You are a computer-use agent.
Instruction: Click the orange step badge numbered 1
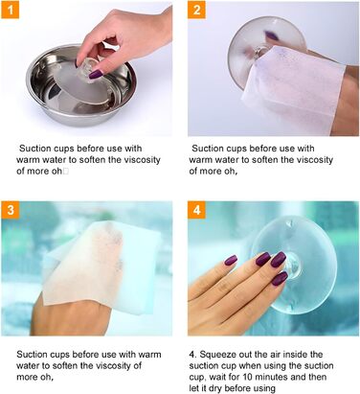(x=11, y=10)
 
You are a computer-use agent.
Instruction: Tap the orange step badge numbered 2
(x=196, y=10)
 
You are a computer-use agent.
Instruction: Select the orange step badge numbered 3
(x=11, y=210)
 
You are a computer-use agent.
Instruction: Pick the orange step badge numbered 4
(x=196, y=210)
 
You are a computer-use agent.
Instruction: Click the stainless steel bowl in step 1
(x=80, y=85)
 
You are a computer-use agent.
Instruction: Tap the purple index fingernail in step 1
(x=96, y=75)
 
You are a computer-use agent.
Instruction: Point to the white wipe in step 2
(x=293, y=90)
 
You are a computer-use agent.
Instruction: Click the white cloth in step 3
(x=101, y=267)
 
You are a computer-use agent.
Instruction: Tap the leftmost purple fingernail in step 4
(x=231, y=260)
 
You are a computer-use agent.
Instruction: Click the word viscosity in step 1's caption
(x=142, y=159)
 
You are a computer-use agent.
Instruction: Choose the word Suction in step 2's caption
(x=208, y=149)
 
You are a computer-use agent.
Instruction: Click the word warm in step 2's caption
(x=201, y=160)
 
